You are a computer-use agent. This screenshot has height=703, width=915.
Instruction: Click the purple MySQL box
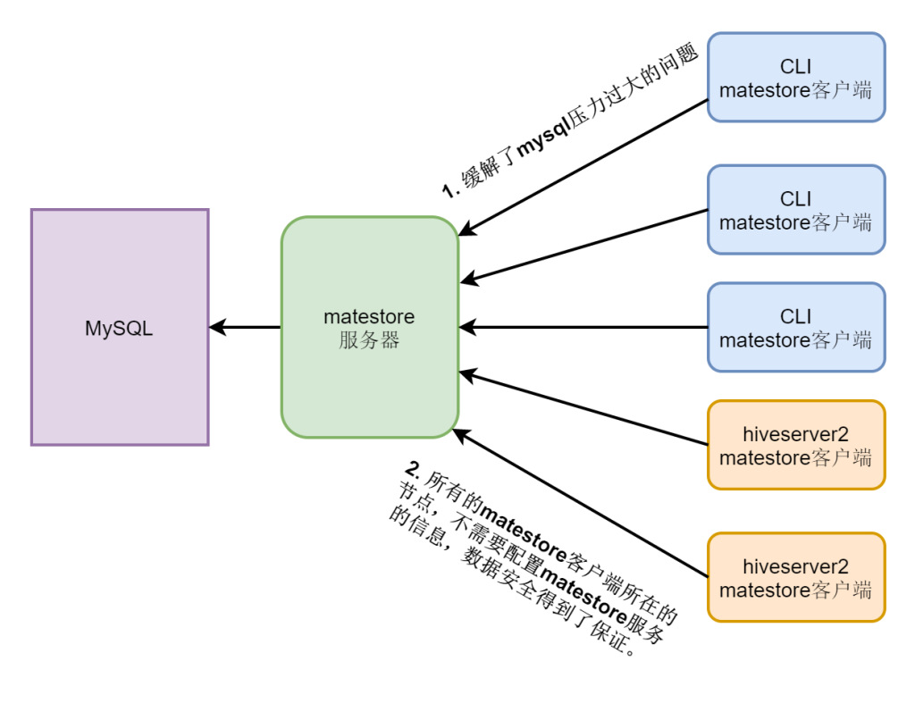pos(120,327)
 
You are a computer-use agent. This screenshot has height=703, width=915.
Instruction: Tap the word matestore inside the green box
pos(369,316)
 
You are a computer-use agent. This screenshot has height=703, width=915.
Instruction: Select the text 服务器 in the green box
pos(369,340)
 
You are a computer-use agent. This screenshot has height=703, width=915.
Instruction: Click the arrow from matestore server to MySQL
pos(246,327)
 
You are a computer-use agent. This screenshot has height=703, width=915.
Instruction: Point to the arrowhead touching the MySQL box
pos(215,327)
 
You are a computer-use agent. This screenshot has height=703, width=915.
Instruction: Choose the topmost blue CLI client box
pos(795,77)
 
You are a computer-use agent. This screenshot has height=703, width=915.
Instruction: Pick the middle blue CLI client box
pos(795,209)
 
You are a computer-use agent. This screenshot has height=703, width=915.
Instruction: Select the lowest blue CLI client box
pos(795,327)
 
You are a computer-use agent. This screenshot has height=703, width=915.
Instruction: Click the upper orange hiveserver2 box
pos(795,445)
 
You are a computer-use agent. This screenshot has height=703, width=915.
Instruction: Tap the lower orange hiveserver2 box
pos(795,577)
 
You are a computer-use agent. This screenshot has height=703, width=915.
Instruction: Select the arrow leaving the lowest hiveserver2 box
pos(581,504)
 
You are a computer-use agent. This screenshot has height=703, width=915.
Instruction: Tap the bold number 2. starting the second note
pos(412,468)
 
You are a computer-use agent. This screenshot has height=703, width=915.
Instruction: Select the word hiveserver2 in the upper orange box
pos(795,435)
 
